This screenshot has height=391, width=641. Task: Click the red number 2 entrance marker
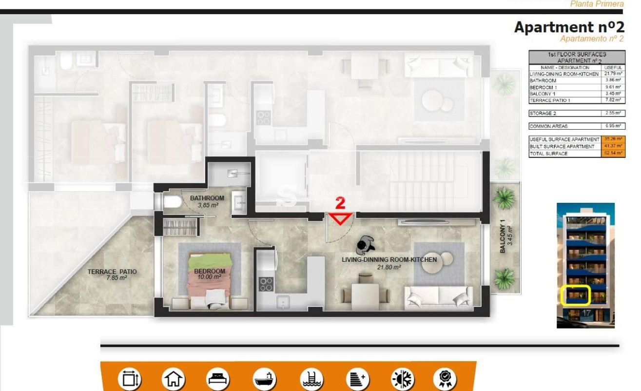coord(341,203)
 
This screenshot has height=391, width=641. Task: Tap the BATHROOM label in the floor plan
coord(207,198)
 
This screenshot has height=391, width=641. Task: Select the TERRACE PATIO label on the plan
coord(112,272)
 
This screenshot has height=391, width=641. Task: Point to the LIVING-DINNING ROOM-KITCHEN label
coord(389,260)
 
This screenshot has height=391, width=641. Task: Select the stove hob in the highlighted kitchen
coord(266,284)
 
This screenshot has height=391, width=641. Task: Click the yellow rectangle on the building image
coord(576,295)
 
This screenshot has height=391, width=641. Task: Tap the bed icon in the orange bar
coord(218,378)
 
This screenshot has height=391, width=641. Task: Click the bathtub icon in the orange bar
coord(265,378)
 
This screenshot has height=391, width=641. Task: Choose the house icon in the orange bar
coord(173,378)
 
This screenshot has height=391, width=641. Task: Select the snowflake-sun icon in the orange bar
coord(402,378)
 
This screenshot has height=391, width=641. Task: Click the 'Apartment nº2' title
coord(569,27)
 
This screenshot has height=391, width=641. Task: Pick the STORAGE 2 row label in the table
coord(543,113)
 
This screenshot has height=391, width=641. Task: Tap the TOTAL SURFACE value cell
coord(613,154)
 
